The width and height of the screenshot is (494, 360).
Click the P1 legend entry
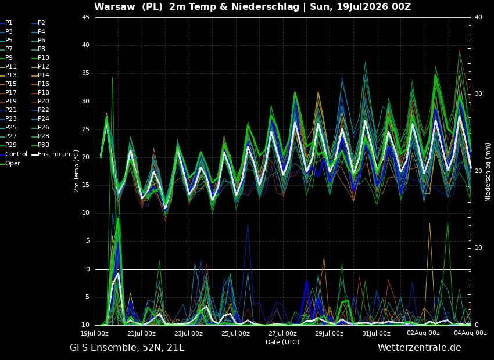(x=6, y=23)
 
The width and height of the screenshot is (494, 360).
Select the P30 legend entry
(x=41, y=145)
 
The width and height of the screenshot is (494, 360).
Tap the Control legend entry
(x=14, y=154)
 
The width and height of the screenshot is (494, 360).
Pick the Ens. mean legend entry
(x=52, y=154)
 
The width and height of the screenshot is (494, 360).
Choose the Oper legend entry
(x=10, y=163)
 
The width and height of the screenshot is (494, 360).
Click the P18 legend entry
(x=41, y=92)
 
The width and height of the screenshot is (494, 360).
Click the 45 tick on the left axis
(x=86, y=17)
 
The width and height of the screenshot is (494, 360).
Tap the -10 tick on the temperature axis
(x=84, y=325)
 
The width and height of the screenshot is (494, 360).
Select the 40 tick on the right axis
(x=478, y=17)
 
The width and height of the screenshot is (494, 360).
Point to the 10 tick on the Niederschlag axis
(x=478, y=248)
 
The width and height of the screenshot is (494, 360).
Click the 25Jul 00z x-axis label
(x=235, y=333)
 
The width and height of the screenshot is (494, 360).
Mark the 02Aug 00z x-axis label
(x=423, y=333)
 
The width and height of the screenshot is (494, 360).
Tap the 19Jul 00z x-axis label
(x=95, y=333)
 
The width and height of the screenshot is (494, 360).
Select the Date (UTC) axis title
(x=282, y=342)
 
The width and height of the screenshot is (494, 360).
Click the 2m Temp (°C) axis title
(x=77, y=171)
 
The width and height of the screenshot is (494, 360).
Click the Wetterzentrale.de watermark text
(x=420, y=348)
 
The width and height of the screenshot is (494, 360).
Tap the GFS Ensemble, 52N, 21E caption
(x=127, y=348)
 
